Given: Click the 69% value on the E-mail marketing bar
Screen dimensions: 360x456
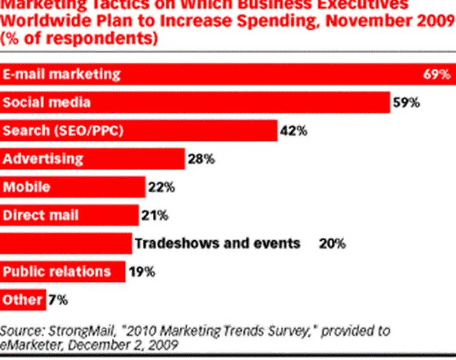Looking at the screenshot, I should point(437,74).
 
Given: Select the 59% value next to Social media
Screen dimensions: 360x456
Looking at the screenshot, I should point(406,103).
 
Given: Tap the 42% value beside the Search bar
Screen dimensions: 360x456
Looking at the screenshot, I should point(293,131).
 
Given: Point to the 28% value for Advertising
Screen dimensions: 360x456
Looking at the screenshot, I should point(200,159).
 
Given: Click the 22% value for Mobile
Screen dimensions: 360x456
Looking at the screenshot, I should point(161,187).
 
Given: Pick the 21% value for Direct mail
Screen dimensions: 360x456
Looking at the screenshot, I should point(154,215).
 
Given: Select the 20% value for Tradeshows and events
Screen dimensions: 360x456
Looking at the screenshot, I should point(332,244).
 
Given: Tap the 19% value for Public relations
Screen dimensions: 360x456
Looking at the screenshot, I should point(141,272).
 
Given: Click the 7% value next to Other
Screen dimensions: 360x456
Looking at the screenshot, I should point(58,300).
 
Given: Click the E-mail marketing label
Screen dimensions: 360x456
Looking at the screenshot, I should point(62,74).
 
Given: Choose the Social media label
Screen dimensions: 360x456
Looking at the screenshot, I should point(46,103).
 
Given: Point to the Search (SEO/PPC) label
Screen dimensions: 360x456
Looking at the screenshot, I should point(63,131).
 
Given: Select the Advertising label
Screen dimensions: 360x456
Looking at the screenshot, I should point(43,159).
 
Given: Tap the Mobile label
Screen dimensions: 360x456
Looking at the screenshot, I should point(26,187).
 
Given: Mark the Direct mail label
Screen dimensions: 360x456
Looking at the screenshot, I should point(40,215).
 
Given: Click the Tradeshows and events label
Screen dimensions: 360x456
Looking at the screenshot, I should point(217,244).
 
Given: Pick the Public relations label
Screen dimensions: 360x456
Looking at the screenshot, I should point(56,272).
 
